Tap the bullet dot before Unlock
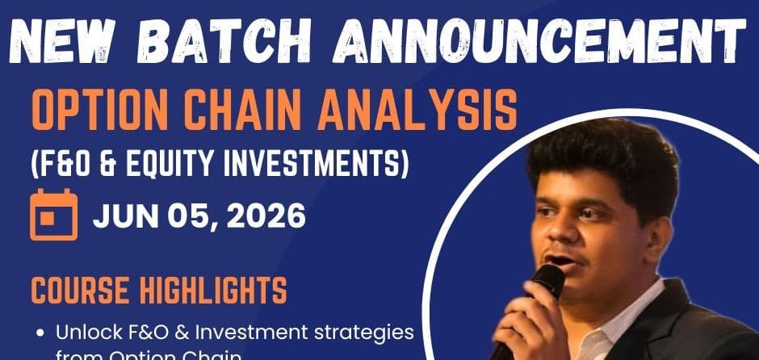pyautogui.click(x=41, y=332)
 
